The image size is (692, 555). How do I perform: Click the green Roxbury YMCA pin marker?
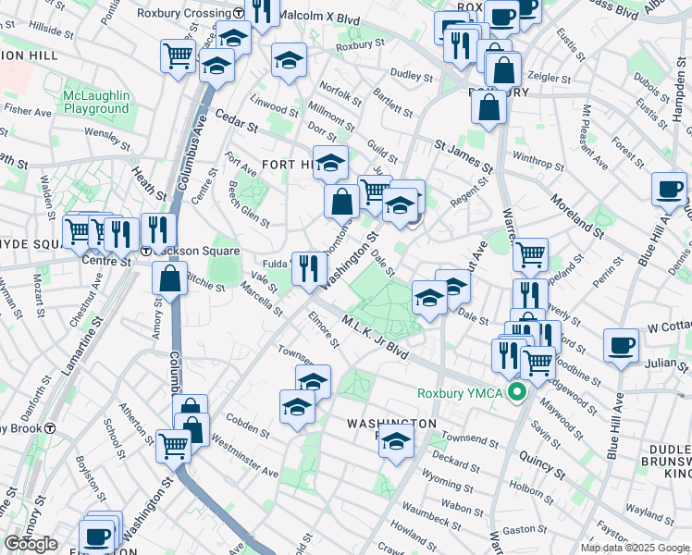(x=516, y=393)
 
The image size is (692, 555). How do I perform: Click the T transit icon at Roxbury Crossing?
(x=239, y=14)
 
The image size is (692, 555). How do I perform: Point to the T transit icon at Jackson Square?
(x=146, y=252)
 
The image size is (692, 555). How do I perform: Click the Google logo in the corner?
(x=31, y=544)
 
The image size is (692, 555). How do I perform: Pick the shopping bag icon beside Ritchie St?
(x=171, y=278)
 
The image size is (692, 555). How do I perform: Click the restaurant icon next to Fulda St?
(x=309, y=267)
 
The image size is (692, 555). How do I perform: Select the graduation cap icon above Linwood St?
(x=289, y=61)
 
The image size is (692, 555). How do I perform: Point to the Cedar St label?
(x=234, y=120)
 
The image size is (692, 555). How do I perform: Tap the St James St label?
(x=463, y=153)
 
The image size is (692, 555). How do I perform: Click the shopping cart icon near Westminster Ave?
(x=173, y=445)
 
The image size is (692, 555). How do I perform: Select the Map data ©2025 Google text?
(x=635, y=547)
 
